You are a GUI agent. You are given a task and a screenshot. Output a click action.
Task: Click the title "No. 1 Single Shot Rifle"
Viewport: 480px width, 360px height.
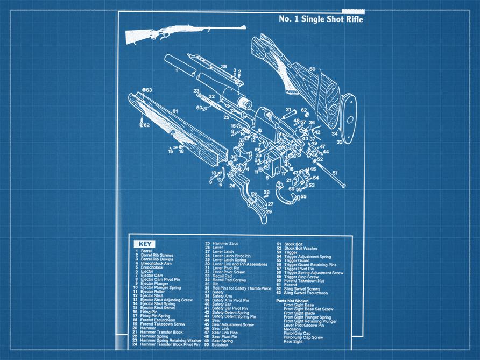point(321,19)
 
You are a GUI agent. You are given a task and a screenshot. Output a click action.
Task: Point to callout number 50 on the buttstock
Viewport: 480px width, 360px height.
point(312,69)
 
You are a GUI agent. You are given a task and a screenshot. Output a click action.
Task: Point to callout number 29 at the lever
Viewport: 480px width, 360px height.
point(269,211)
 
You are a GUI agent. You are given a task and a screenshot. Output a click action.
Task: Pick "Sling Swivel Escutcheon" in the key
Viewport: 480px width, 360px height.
point(307,293)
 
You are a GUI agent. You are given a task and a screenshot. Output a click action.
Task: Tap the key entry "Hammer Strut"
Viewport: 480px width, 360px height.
point(225,244)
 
